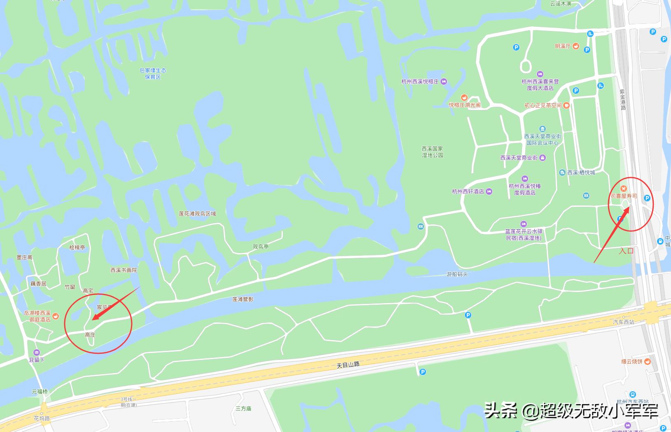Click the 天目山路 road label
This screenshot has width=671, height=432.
[348, 364]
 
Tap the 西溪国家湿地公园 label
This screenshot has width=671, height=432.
[432, 152]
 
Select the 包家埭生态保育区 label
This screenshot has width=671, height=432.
[153, 74]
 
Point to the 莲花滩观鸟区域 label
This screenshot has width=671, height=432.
[197, 214]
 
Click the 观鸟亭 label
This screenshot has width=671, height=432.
[261, 247]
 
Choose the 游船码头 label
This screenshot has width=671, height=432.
[457, 274]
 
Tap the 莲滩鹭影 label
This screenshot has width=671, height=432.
[243, 299]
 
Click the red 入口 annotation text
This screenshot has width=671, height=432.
[626, 250]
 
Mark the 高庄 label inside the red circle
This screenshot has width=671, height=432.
[90, 335]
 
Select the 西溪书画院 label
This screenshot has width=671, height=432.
[123, 270]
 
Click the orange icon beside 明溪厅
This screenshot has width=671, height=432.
[575, 46]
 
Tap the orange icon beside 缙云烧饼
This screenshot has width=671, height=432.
[648, 362]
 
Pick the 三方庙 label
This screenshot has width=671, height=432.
[243, 409]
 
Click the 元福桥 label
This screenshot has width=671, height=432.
[40, 391]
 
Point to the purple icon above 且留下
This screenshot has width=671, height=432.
[37, 352]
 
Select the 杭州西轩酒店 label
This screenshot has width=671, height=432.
[468, 191]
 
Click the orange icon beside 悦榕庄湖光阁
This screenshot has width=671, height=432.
[464, 98]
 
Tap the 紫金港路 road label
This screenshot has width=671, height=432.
[622, 99]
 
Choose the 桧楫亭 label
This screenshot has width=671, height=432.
[77, 248]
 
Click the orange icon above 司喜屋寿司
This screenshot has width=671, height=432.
[624, 189]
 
